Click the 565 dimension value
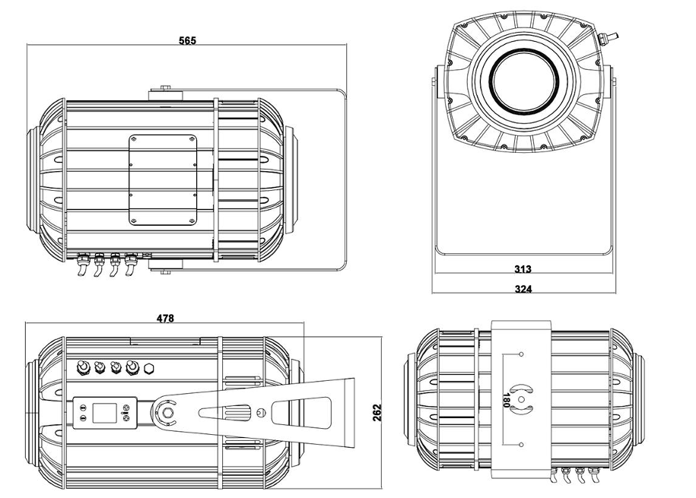pos(187,40)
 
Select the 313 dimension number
pos(523,269)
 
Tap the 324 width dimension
pos(523,289)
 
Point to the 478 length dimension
pos(165,319)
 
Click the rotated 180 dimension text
pos(504,400)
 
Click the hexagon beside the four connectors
pos(150,369)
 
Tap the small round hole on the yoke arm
pos(262,412)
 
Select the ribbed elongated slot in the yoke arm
pos(227,413)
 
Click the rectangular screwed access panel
pos(163,180)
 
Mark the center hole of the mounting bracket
pos(522,400)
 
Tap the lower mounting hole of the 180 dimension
pos(522,444)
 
